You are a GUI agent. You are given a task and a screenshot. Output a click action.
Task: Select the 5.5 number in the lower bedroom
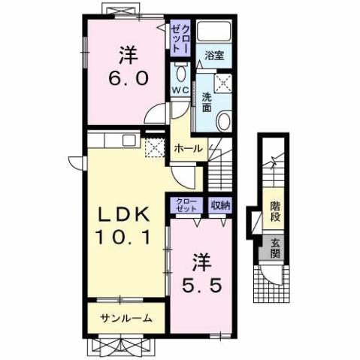[x=202, y=285]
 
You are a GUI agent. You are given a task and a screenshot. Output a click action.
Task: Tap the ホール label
[x=188, y=149]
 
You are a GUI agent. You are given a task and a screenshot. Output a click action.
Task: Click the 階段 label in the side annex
[x=275, y=213]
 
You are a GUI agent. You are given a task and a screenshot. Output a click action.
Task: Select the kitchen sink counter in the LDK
[x=113, y=141]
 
